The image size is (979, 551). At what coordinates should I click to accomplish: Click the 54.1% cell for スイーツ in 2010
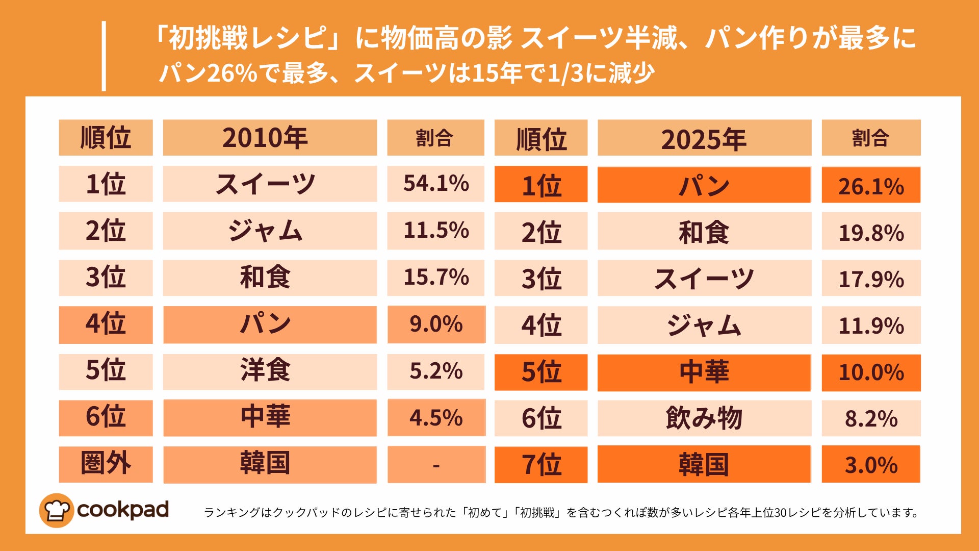pos(435,184)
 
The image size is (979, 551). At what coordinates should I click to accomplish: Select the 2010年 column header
pos(270,138)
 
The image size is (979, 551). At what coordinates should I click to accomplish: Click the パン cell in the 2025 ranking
pos(704,185)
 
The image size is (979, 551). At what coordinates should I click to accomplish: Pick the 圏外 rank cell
pos(106,464)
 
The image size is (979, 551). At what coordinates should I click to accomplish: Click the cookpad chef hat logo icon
pos(56,510)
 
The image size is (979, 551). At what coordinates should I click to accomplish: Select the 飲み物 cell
pos(704,418)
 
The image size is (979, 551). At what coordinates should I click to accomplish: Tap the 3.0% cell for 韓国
pos(871,465)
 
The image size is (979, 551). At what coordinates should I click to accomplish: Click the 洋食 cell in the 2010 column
pos(270,371)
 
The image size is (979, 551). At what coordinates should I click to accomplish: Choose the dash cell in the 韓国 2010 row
pos(436,465)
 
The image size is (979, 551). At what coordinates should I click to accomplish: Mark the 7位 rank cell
pos(541,465)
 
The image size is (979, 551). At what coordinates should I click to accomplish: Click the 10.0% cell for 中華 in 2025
pos(871,372)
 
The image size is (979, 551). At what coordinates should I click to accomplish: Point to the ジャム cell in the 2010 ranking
pos(270,231)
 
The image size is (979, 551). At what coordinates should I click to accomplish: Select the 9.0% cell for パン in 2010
pos(436,324)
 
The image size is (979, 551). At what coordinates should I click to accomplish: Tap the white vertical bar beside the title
pos(104,56)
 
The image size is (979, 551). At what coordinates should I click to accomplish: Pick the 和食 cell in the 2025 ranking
pos(704,232)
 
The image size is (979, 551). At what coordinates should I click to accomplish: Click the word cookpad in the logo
pos(122,510)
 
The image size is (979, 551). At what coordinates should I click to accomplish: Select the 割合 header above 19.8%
pos(871,138)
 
